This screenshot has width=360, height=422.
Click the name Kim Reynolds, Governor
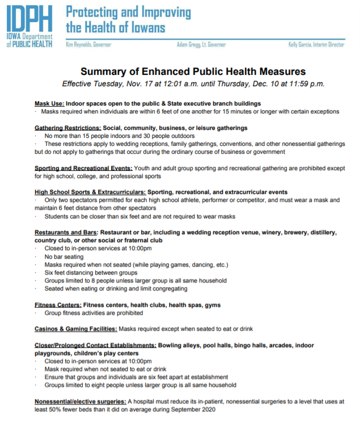pyautogui.click(x=88, y=44)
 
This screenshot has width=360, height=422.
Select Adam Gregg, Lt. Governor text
pyautogui.click(x=201, y=44)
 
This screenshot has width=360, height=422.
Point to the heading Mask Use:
pyautogui.click(x=49, y=104)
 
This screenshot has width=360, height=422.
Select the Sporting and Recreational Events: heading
pyautogui.click(x=83, y=168)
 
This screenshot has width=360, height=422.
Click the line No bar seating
pyautogui.click(x=64, y=256)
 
